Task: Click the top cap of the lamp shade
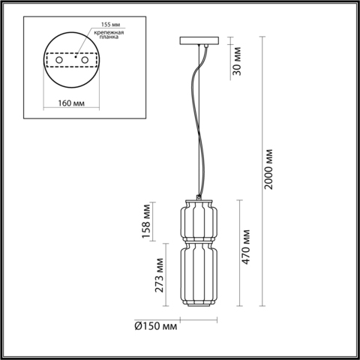[197, 200]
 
